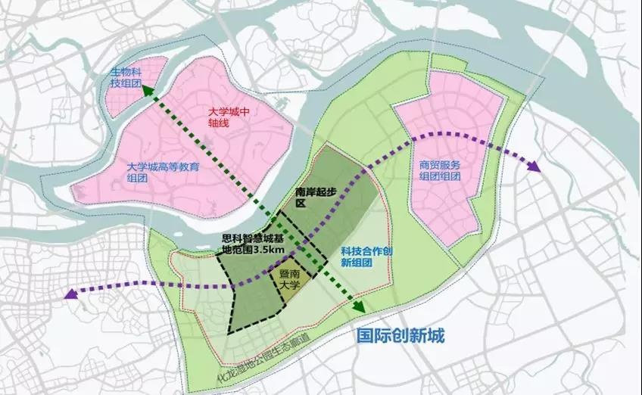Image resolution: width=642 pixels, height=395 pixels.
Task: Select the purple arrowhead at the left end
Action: (x=72, y=294)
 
